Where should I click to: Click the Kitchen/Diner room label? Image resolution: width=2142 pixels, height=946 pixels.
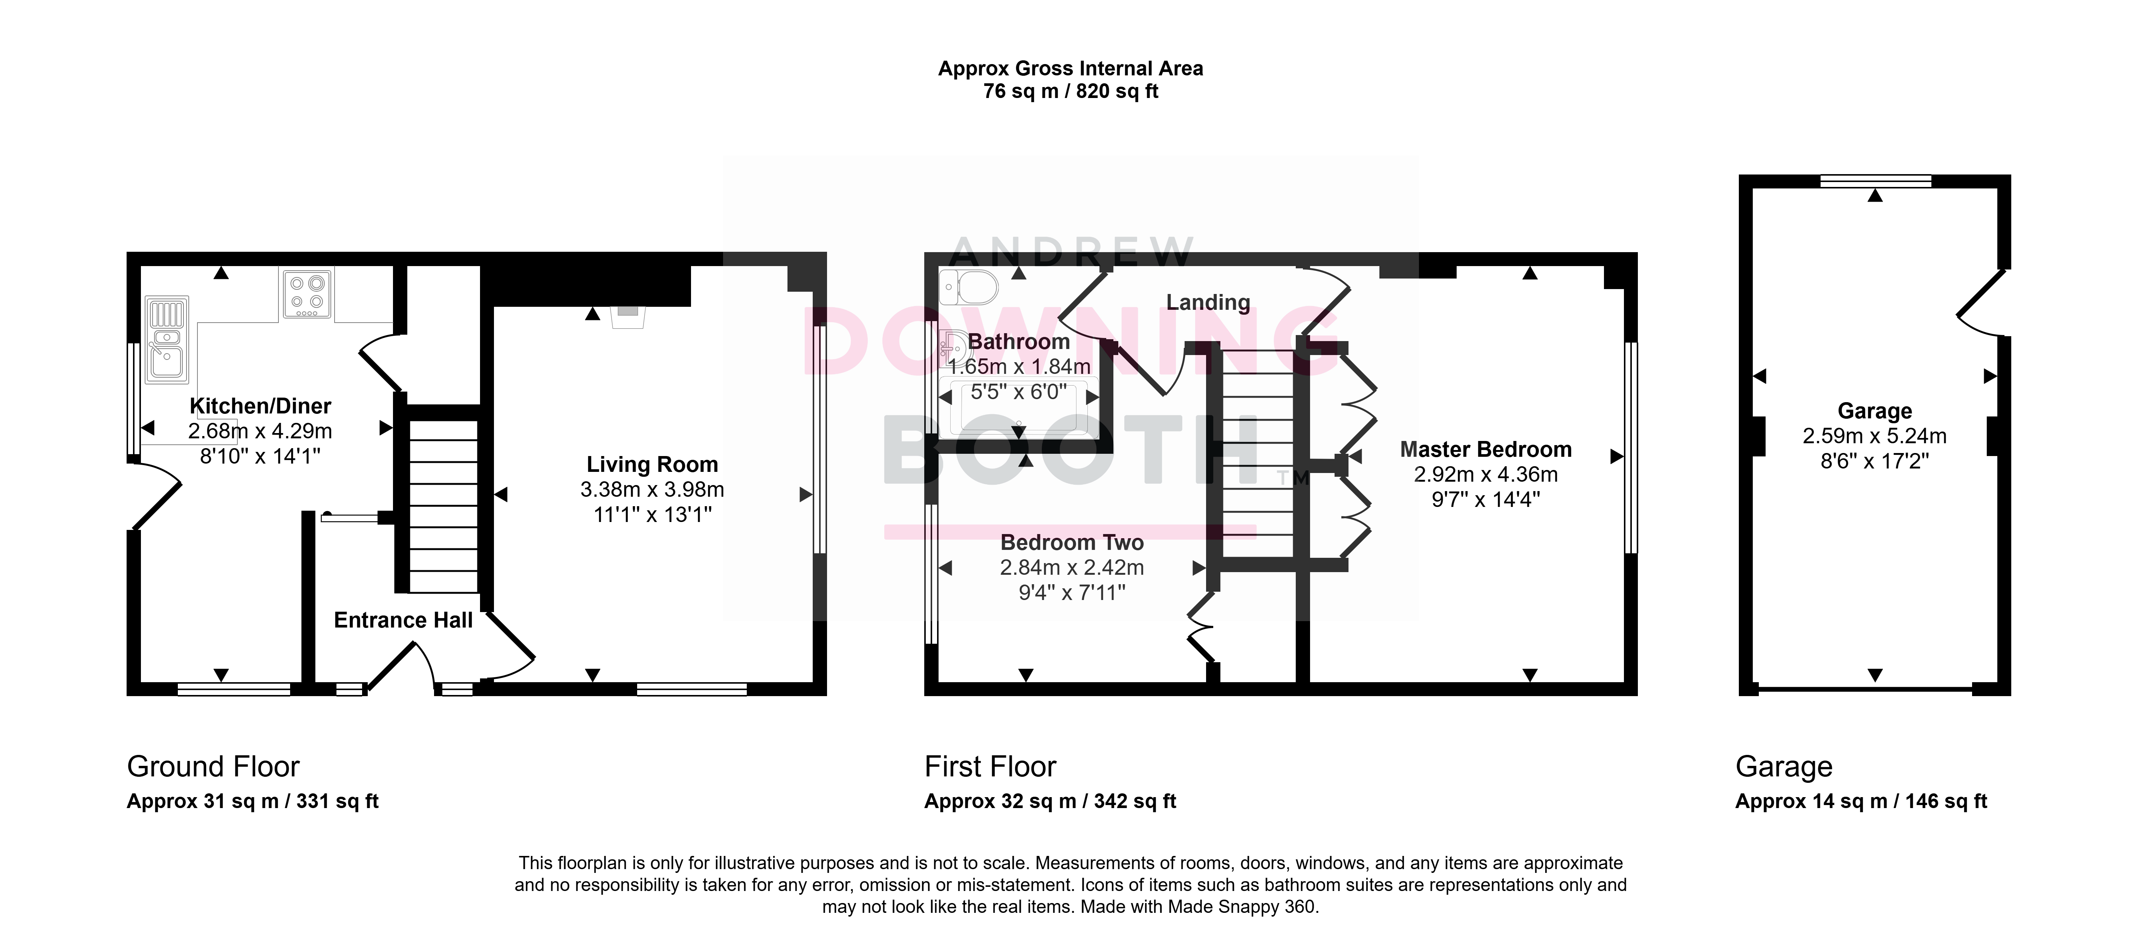click(x=260, y=406)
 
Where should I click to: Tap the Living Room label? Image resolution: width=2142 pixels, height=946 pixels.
click(x=652, y=464)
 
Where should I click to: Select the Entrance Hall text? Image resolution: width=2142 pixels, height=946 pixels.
click(x=403, y=620)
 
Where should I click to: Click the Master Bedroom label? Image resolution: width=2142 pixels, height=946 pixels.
click(x=1486, y=449)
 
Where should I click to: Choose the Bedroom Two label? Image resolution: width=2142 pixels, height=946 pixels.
click(x=1072, y=542)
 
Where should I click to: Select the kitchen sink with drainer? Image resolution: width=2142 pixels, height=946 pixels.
click(x=167, y=340)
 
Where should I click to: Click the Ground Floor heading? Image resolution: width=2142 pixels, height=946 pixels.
click(x=213, y=766)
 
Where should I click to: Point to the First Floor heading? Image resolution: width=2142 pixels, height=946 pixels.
click(x=990, y=766)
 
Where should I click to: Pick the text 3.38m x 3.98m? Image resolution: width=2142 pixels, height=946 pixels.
click(x=652, y=489)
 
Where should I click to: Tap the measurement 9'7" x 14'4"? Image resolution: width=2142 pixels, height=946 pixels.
click(x=1486, y=499)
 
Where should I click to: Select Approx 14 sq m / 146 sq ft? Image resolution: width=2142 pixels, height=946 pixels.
click(x=1861, y=801)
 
